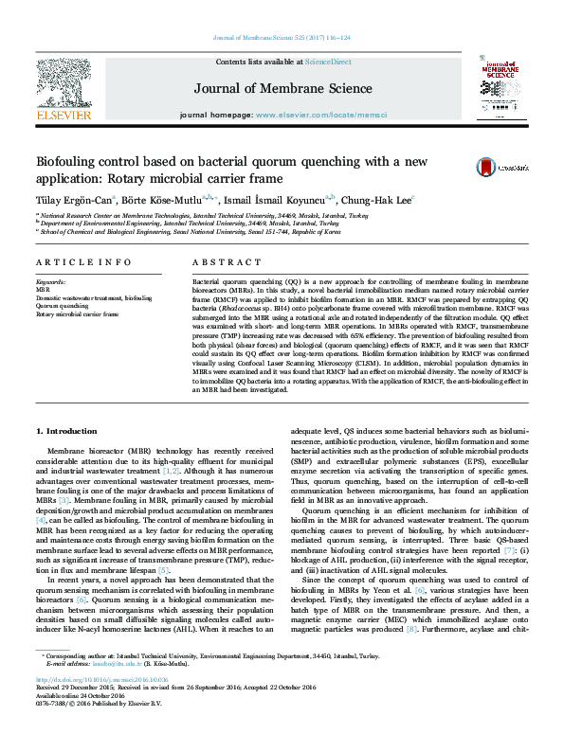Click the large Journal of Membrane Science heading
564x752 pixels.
click(282, 89)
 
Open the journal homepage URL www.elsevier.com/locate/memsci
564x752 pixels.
click(335, 116)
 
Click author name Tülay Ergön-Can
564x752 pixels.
click(75, 200)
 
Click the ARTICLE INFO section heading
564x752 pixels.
click(84, 261)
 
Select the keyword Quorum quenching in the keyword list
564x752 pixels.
click(63, 306)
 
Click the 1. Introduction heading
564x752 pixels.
click(72, 432)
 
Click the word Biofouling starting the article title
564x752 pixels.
click(67, 162)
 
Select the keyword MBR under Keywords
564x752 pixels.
click(44, 290)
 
